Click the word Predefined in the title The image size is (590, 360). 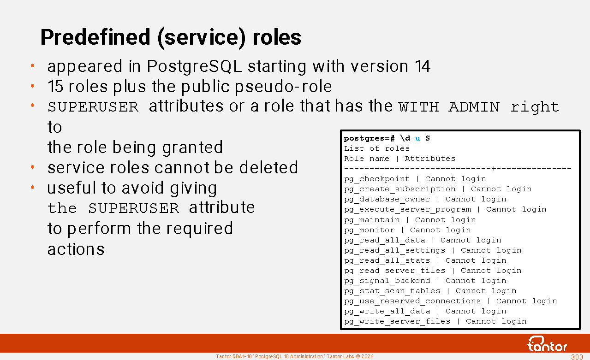[x=95, y=38]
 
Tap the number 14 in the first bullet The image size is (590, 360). [x=423, y=66]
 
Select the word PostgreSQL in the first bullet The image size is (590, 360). [x=194, y=66]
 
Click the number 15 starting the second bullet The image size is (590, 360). [x=55, y=86]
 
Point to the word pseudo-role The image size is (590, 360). [x=283, y=87]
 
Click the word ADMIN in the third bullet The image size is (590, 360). [x=474, y=107]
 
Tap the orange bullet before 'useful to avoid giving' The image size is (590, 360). [x=33, y=187]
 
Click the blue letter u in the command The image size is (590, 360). [x=417, y=138]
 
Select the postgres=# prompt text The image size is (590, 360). [x=369, y=138]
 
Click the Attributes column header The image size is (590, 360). [x=430, y=159]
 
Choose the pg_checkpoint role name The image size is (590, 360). [x=377, y=179]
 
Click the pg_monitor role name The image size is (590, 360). [x=369, y=230]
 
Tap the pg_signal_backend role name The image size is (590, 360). [x=387, y=281]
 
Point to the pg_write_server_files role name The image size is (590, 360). [x=397, y=322]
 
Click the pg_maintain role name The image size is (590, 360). [x=372, y=220]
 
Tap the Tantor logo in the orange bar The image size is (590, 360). [x=547, y=344]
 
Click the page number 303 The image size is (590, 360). [x=577, y=357]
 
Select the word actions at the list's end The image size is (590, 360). [x=76, y=249]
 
